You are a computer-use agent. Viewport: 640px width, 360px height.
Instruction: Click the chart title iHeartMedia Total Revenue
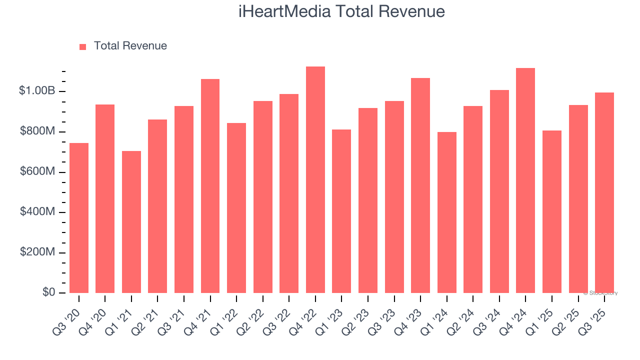pos(341,11)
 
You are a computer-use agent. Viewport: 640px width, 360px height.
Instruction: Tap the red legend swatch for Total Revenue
pos(83,46)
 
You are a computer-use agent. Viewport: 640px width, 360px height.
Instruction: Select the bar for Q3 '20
pos(79,218)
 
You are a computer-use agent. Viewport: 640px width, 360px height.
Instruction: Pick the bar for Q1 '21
pos(131,222)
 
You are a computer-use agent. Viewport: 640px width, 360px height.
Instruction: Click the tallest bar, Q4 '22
pos(315,180)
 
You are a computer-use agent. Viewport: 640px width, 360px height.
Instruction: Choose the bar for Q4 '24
pos(525,180)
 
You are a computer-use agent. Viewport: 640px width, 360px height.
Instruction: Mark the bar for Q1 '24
pos(446,212)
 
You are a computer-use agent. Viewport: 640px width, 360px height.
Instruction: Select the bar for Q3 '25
pos(604,193)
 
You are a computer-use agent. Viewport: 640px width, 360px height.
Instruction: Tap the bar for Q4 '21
pos(210,186)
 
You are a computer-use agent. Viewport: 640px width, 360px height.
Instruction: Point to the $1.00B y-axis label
pos(37,91)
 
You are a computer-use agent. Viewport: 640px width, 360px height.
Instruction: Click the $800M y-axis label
pos(37,131)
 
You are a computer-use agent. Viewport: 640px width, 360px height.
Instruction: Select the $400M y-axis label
pos(37,212)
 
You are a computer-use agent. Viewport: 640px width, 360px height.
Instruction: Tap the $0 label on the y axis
pos(48,292)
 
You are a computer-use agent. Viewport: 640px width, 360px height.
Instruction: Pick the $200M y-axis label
pos(37,252)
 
